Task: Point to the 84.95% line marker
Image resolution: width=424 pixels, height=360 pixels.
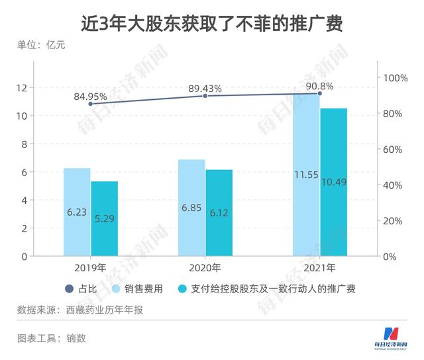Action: click(x=91, y=104)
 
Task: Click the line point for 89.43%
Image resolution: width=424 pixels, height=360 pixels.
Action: click(x=205, y=96)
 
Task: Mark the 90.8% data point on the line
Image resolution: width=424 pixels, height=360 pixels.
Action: click(x=319, y=93)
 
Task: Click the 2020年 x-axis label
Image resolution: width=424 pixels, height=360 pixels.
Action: click(x=205, y=269)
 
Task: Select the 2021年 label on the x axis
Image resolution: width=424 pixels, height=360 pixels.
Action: click(x=319, y=269)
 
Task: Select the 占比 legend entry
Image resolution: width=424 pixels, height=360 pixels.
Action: click(x=81, y=289)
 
